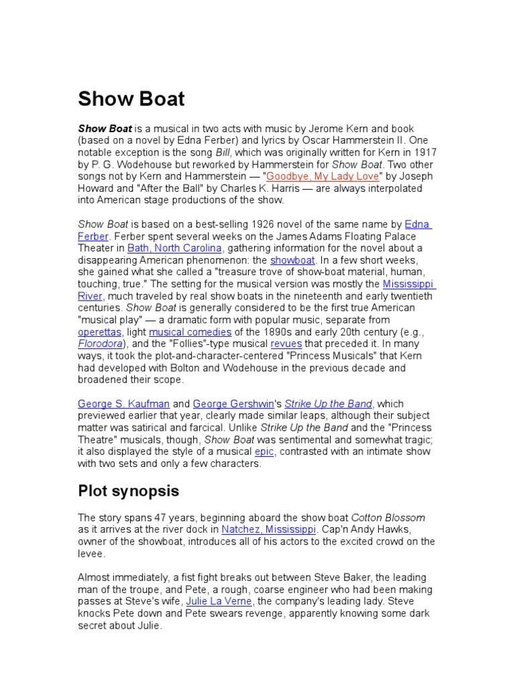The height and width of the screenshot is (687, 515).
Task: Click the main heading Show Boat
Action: (x=131, y=99)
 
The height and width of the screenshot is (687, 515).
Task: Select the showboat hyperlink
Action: (x=288, y=260)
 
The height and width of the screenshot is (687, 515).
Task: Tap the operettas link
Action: (x=99, y=332)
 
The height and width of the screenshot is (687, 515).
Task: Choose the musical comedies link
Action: (x=190, y=332)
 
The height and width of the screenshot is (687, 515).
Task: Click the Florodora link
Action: (x=100, y=344)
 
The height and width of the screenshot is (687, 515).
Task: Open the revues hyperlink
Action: (x=286, y=344)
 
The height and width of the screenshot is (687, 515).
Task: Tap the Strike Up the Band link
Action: (x=329, y=404)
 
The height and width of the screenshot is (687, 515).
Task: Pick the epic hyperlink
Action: (x=264, y=452)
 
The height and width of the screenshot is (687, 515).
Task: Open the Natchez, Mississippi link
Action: (x=268, y=529)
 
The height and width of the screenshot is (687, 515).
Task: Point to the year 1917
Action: (x=423, y=152)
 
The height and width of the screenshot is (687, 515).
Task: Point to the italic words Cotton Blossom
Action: (x=388, y=517)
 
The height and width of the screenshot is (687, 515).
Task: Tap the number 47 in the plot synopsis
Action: (x=152, y=517)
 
